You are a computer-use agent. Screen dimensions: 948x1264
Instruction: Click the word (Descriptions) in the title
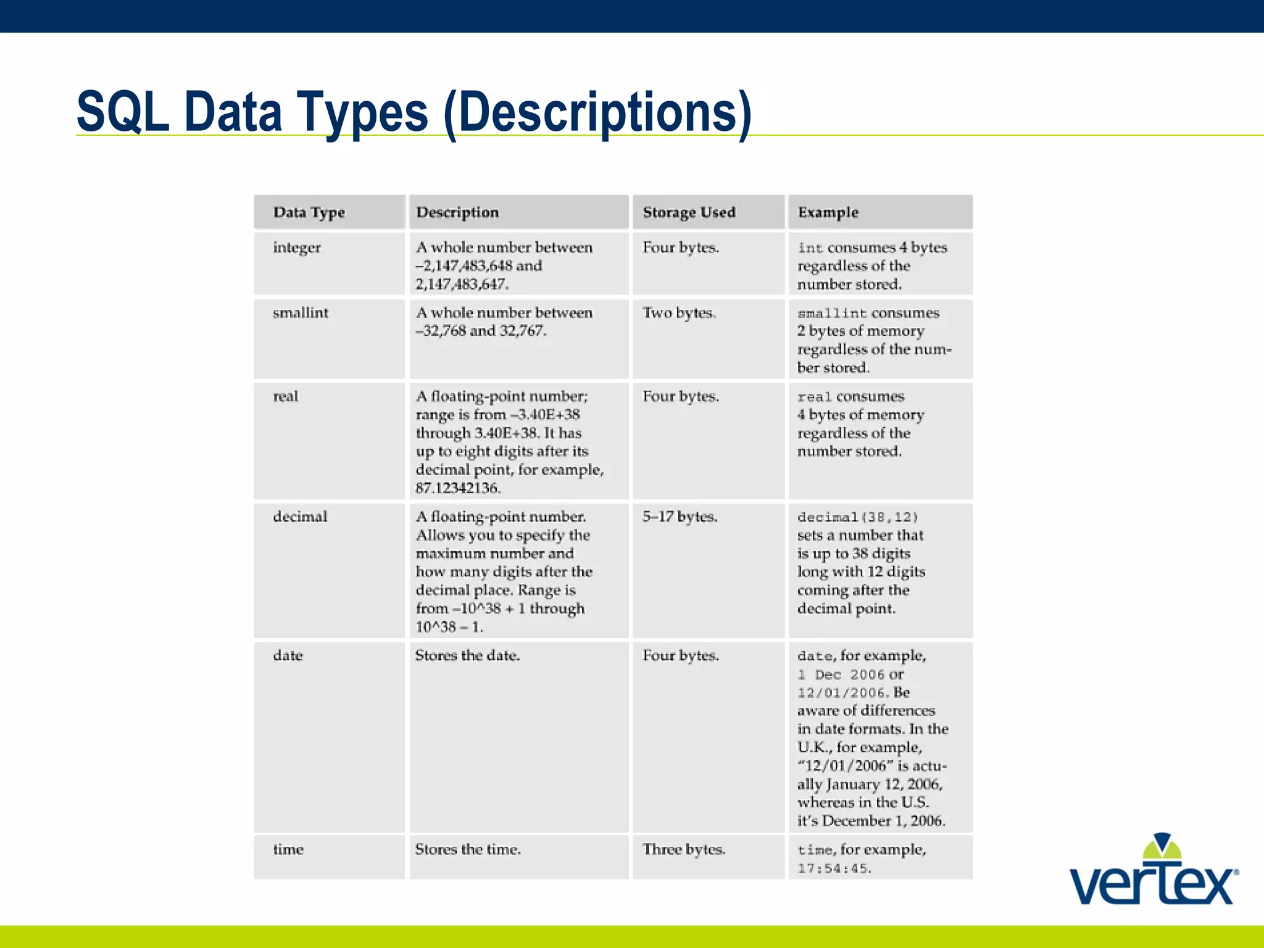[597, 114]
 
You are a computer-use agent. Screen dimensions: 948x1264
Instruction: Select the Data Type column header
[309, 212]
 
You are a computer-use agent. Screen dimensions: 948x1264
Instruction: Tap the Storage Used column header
[689, 212]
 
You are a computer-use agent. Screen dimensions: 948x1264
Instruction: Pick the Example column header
[828, 212]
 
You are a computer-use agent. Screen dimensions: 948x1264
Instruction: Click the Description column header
[457, 212]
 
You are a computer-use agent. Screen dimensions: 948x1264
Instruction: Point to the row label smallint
[301, 313]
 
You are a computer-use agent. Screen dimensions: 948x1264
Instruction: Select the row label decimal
[300, 517]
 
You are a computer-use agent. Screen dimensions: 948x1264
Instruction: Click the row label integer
[297, 247]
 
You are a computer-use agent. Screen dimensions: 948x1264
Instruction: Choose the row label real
[285, 396]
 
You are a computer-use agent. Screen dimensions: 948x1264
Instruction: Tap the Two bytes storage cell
[679, 313]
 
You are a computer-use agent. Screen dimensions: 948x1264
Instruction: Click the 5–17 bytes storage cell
[680, 517]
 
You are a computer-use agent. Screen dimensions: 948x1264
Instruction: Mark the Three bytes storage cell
[683, 849]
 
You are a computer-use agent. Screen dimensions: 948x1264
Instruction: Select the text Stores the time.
[468, 849]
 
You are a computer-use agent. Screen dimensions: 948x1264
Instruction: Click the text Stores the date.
[467, 655]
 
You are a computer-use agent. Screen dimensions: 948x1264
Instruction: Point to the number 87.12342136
[457, 488]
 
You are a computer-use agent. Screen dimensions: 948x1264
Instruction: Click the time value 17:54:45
[833, 868]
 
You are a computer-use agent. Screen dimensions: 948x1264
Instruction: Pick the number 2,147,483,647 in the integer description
[461, 285]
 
